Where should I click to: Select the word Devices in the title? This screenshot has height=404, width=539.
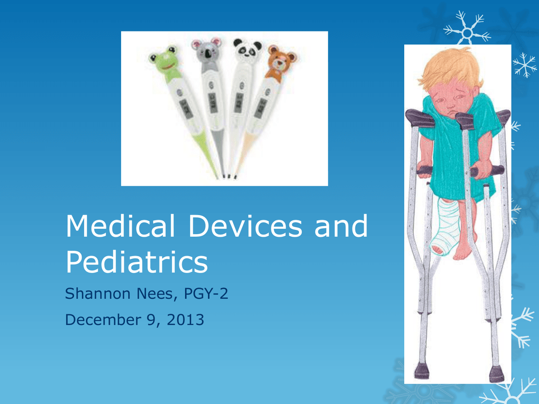(x=245, y=226)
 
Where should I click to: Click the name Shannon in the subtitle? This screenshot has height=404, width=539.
(x=98, y=294)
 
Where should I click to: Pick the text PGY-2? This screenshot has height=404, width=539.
(x=206, y=294)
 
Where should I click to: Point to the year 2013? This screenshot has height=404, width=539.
(x=185, y=319)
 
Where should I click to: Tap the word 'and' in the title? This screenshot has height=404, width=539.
(x=341, y=226)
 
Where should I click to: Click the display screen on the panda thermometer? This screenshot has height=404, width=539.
(x=239, y=103)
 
